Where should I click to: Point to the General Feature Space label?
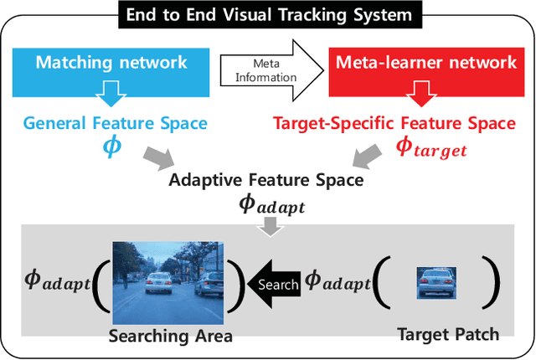[x=115, y=123]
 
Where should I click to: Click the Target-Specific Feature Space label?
[x=394, y=123]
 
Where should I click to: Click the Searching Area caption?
[x=170, y=337]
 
